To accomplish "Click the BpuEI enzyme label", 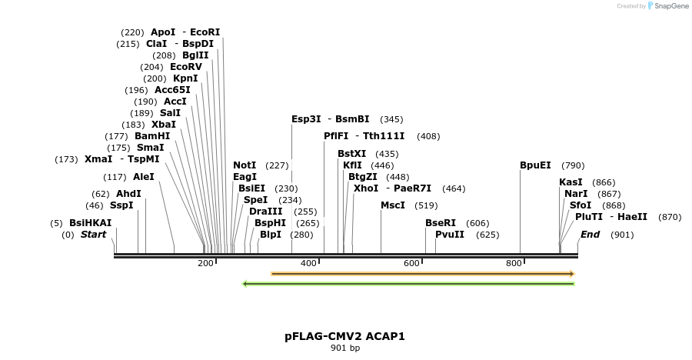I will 535,165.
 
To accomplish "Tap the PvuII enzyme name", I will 450,235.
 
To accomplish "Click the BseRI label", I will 441,222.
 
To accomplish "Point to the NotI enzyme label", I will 245,165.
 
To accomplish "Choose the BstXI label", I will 352,154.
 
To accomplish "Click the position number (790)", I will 573,165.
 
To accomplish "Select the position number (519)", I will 425,205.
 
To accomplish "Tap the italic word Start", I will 93,235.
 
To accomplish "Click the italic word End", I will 590,235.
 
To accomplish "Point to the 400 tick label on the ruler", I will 308,264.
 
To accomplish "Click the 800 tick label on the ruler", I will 514,264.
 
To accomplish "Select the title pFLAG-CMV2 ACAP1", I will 344,336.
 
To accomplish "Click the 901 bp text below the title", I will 345,348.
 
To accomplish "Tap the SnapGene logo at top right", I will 667,6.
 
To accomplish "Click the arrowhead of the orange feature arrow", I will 571,274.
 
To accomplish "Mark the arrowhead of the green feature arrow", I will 245,284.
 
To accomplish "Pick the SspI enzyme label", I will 121,205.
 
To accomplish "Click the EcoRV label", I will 186,67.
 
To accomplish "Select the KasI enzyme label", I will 571,182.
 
